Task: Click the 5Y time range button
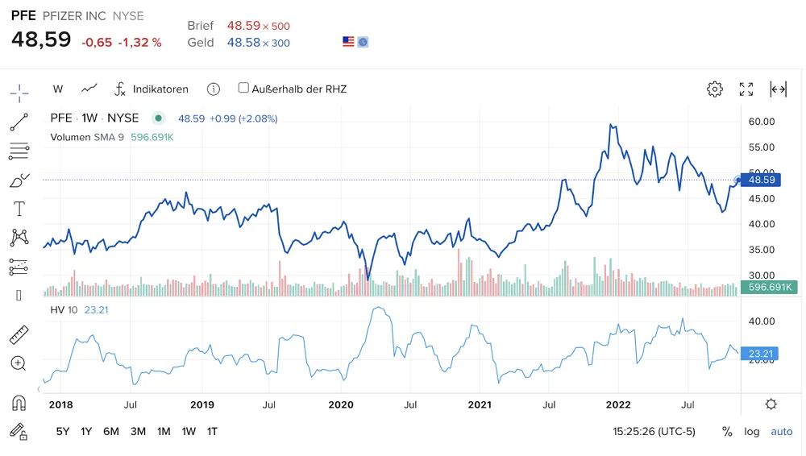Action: (63, 431)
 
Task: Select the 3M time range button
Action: (138, 431)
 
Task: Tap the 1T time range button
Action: (212, 431)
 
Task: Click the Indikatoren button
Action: (152, 89)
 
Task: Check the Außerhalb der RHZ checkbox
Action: (243, 88)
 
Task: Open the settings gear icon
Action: (714, 89)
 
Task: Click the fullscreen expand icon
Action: (746, 89)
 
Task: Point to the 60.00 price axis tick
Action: (762, 122)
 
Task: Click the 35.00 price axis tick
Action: (762, 250)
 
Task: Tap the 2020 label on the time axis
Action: (341, 404)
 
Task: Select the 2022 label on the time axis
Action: (618, 404)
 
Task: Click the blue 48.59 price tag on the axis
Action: (761, 180)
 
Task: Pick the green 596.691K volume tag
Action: (769, 287)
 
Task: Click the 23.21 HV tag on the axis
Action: (760, 354)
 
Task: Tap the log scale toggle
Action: (751, 432)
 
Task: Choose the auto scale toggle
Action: (781, 432)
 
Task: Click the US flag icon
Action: (348, 42)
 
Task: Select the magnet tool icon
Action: (19, 403)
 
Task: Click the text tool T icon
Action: (19, 209)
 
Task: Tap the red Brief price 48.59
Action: (243, 26)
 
